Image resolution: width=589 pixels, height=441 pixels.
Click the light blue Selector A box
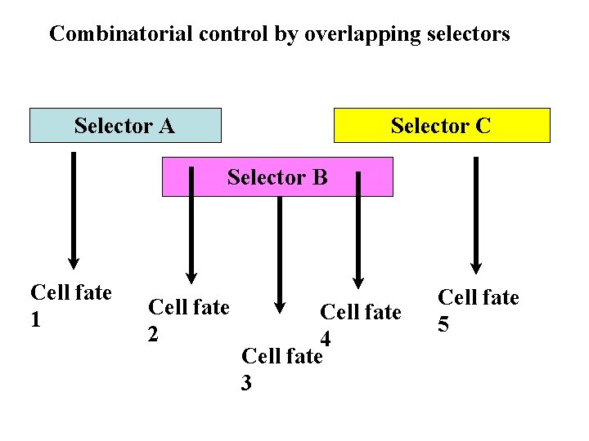tap(125, 126)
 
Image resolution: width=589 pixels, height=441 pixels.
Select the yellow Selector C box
tap(442, 126)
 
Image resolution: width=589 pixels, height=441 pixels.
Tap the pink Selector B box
tap(277, 177)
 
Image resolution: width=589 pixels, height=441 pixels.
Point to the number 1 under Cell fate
tap(35, 319)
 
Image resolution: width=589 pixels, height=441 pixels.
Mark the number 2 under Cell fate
tap(152, 334)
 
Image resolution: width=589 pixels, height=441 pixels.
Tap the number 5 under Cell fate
tap(443, 324)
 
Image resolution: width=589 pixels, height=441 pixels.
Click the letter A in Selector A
tap(167, 126)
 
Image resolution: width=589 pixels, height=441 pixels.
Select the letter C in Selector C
tap(483, 126)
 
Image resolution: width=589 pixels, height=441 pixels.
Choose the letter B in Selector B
tap(320, 177)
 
